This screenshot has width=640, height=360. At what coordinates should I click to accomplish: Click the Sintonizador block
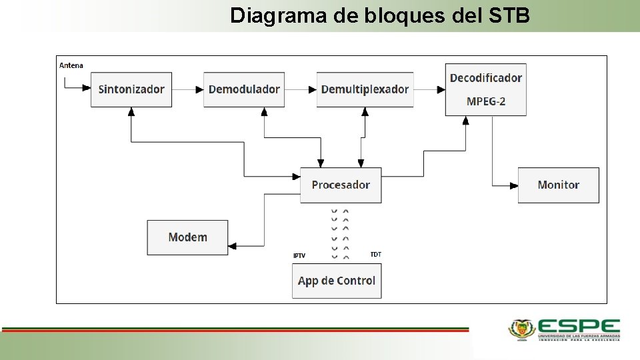[131, 89]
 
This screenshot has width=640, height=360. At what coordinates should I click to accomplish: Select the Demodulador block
[244, 89]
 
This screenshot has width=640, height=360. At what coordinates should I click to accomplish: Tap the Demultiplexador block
[365, 89]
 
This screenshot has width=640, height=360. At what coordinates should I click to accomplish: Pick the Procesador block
[341, 185]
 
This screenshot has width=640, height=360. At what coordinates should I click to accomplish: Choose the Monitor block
[559, 185]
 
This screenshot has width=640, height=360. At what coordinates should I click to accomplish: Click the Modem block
[187, 237]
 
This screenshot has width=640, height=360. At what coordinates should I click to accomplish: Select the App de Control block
[337, 281]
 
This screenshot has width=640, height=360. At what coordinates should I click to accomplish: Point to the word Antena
[71, 65]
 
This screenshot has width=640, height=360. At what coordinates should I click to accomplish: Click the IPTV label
[299, 256]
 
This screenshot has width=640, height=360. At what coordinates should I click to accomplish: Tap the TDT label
[376, 255]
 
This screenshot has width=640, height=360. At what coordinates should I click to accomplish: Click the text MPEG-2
[486, 101]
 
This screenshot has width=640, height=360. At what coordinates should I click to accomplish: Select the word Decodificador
[486, 78]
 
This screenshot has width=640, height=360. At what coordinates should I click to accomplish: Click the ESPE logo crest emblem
[522, 328]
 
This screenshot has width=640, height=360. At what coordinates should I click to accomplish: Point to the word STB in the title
[509, 15]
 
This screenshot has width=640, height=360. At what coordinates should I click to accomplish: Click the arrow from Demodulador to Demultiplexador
[301, 89]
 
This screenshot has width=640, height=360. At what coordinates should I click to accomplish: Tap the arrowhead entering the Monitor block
[514, 185]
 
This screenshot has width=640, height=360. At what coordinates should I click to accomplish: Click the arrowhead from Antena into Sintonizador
[87, 87]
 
